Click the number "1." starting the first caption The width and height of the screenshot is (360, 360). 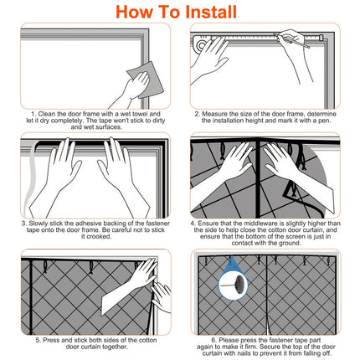(34, 112)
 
